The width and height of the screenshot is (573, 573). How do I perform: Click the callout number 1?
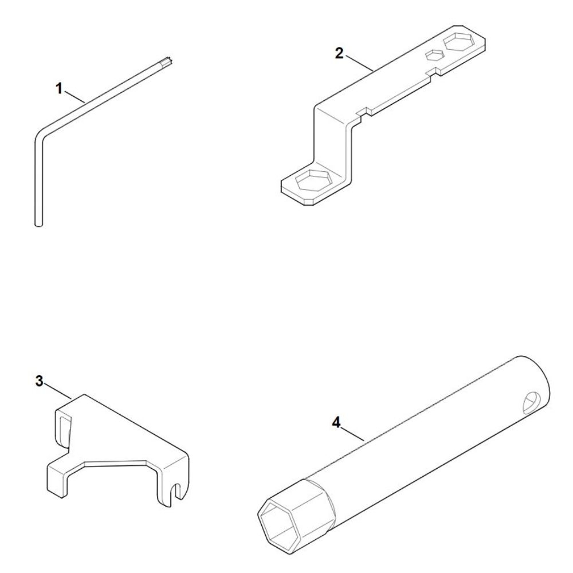tap(59, 88)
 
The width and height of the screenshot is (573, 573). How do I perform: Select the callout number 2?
tap(339, 53)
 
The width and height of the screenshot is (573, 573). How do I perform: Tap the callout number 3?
tap(39, 381)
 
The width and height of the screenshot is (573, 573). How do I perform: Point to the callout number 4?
tap(336, 423)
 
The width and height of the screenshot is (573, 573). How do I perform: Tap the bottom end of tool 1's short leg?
tap(38, 223)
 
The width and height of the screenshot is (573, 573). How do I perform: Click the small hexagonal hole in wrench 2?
tap(433, 55)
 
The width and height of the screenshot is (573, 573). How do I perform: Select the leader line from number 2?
tap(359, 62)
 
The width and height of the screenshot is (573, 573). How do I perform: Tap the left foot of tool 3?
tap(58, 481)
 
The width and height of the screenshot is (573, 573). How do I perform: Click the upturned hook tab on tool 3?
tap(63, 427)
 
